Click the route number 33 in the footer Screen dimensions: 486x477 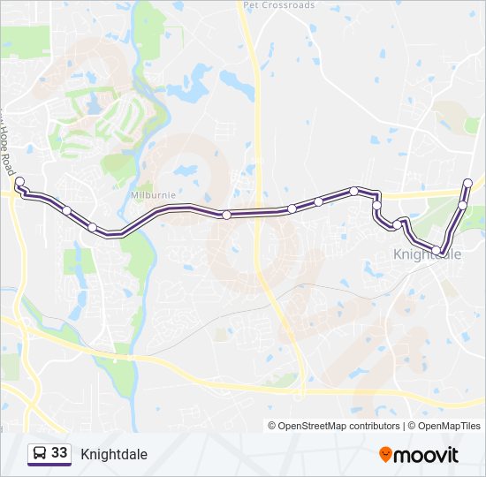[x=60, y=453]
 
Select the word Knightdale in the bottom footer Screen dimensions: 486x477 [x=114, y=454]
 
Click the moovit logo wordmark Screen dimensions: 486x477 [x=427, y=455]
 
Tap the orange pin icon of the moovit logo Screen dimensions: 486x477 [x=386, y=455]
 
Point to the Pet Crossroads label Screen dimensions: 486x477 [x=278, y=4]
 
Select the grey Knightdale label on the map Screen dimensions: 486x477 [x=426, y=254]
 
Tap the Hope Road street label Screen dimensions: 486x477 [x=8, y=141]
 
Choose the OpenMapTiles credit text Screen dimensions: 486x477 [x=449, y=426]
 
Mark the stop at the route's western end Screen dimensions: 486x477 [x=19, y=180]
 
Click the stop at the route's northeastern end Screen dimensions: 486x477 [x=467, y=183]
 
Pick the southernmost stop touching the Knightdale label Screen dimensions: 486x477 [x=443, y=254]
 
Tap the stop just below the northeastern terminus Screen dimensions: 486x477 [x=462, y=205]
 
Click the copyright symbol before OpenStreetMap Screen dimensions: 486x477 [x=272, y=426]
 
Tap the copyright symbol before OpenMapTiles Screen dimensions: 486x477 [x=412, y=426]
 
